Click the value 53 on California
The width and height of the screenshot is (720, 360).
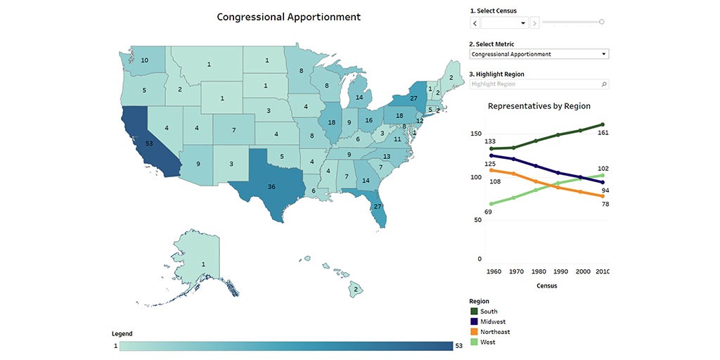coord(149,143)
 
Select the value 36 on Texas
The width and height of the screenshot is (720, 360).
coord(271,186)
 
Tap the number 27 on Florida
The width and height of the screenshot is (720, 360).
coord(378,207)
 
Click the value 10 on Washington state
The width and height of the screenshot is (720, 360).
coord(144,60)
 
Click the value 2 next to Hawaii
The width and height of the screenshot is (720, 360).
coord(356,289)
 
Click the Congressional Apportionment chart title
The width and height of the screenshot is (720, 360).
coord(288,17)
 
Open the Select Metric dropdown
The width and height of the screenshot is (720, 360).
coord(539,54)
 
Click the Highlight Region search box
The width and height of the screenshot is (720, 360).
coord(539,84)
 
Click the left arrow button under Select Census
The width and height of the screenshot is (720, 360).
coord(475,23)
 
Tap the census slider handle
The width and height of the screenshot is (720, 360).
coord(601,22)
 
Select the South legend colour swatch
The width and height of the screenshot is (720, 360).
coord(474,311)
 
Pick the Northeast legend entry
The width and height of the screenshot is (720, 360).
coord(495,332)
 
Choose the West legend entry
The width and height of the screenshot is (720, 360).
coord(487,342)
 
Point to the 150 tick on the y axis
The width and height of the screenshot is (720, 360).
coord(476,134)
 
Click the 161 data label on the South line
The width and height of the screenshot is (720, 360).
coord(603,132)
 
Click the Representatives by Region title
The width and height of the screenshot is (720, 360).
coord(539,105)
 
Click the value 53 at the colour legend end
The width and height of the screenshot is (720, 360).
coord(459,345)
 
